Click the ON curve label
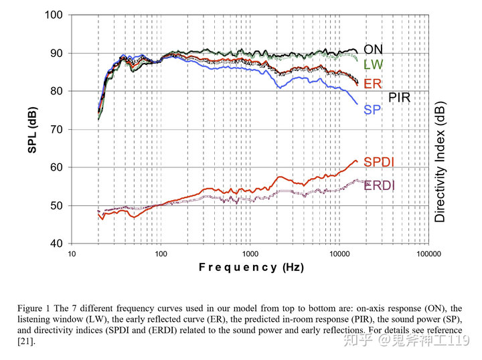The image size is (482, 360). coord(373,50)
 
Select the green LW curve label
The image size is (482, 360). coord(373,65)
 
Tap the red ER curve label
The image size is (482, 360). coord(372,84)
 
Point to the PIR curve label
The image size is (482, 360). coord(399,98)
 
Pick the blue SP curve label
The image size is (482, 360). coord(372,110)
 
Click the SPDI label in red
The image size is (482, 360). coord(379,162)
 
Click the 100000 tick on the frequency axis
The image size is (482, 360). coord(427,255)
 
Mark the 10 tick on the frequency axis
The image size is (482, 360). coord(71,255)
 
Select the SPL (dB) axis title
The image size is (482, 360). coord(32,129)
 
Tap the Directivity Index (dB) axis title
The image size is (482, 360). coord(440,163)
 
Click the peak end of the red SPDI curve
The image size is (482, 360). coord(356,161)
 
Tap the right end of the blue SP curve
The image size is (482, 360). coord(357,104)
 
